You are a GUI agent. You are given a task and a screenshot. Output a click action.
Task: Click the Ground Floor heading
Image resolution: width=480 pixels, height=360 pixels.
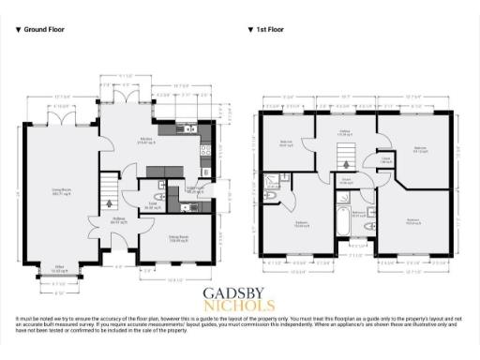pyautogui.click(x=46, y=30)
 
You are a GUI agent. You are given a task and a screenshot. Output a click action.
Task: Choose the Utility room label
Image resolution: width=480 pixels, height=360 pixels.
pyautogui.click(x=195, y=189)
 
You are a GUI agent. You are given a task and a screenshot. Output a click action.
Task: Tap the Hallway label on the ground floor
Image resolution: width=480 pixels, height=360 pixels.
pyautogui.click(x=119, y=222)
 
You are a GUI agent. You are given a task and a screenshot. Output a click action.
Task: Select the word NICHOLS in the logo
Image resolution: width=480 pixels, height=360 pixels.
pyautogui.click(x=239, y=306)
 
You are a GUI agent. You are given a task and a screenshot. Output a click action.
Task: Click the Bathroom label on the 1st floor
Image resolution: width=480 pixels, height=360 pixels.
pyautogui.click(x=359, y=214)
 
